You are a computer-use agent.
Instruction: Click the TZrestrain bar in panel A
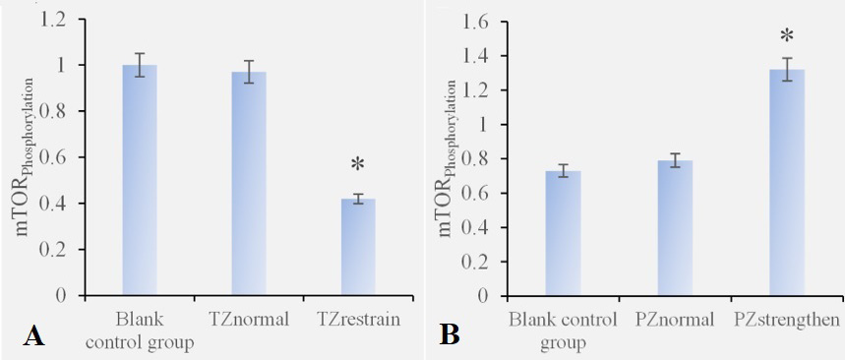[358, 247]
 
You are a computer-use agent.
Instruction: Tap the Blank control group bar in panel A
[140, 180]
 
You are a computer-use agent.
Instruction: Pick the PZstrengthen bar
[787, 183]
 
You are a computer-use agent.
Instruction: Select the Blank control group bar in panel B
[563, 233]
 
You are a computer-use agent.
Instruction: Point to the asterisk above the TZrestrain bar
[358, 164]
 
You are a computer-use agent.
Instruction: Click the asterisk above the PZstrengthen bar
[787, 36]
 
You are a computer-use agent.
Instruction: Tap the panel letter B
[449, 335]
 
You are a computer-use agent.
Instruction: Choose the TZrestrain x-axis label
[358, 320]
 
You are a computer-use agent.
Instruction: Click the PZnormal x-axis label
[675, 320]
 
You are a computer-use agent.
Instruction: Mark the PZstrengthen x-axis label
[787, 320]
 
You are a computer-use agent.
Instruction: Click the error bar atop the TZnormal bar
[249, 72]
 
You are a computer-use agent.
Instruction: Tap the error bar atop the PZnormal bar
[675, 160]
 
